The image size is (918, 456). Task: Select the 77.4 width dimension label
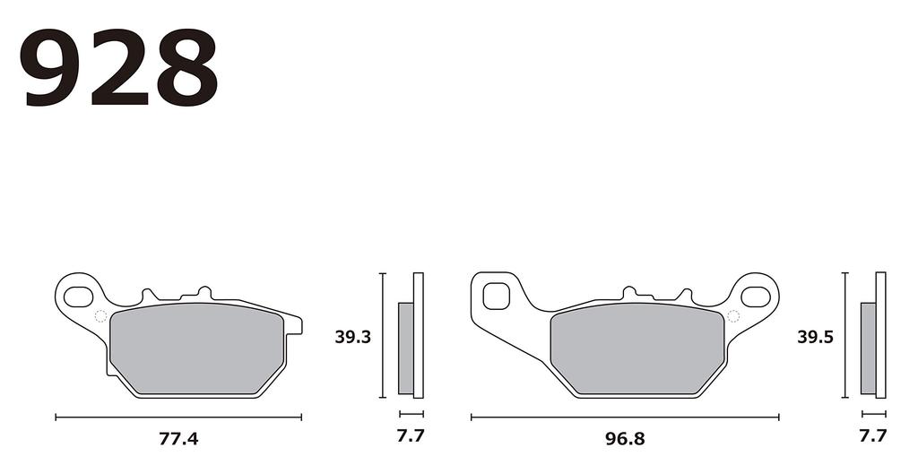point(178,439)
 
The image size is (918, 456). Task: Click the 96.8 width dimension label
point(625,439)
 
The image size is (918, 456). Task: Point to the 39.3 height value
point(352,338)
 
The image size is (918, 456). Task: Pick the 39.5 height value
point(816,338)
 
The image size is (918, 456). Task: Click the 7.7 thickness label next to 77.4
point(411,437)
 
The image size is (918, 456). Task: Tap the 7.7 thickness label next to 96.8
point(872,437)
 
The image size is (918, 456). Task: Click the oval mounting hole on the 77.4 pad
point(79,294)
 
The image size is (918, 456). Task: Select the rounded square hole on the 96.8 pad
point(496,294)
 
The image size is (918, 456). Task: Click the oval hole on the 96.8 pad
point(755,294)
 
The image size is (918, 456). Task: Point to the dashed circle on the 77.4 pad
point(100,315)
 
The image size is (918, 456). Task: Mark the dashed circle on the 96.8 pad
point(733,315)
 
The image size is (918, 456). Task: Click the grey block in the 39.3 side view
point(405,348)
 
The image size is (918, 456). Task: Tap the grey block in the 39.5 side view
point(868,348)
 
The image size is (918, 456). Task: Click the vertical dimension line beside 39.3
point(383,335)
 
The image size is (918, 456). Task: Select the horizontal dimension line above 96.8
point(625,417)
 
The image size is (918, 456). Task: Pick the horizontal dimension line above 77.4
point(178,417)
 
